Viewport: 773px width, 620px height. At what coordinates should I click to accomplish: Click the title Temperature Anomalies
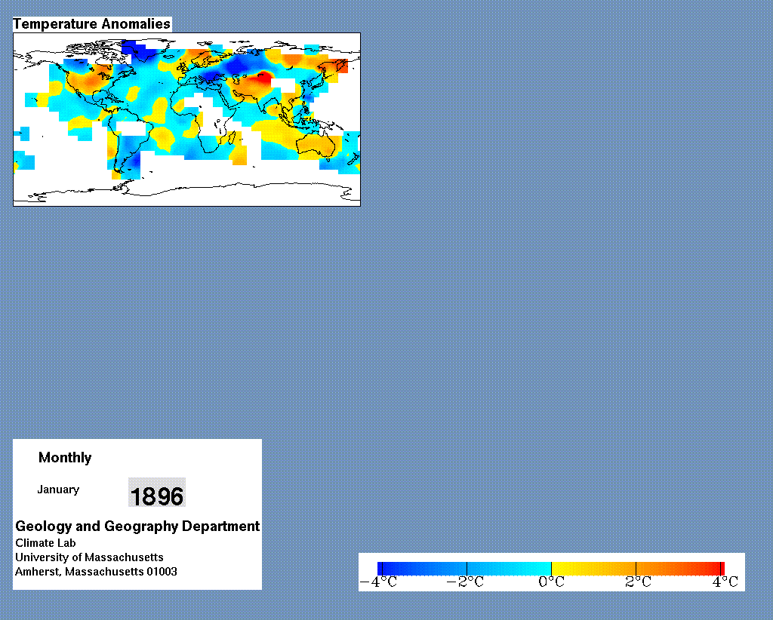point(91,24)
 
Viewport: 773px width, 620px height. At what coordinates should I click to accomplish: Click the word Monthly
point(65,458)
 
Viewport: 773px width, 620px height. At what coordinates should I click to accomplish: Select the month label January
point(58,490)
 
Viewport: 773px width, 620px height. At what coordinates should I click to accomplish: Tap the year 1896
point(157,496)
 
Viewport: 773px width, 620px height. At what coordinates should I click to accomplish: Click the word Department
point(221,526)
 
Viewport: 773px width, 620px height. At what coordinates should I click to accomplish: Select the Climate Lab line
point(45,543)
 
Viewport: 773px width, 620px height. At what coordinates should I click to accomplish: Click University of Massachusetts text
point(89,557)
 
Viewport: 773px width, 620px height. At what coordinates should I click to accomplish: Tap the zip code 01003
point(162,572)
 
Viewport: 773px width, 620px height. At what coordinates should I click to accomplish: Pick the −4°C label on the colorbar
point(378,582)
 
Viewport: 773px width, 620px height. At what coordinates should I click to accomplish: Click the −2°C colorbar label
point(465,582)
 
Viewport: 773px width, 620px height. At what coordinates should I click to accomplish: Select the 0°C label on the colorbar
point(551,582)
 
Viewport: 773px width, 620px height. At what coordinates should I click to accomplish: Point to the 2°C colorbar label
point(638,582)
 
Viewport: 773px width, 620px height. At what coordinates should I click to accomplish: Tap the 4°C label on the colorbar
point(725,582)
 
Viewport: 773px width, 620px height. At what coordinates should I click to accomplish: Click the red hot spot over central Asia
point(263,78)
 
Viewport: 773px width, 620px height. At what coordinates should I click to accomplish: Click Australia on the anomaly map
point(316,145)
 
